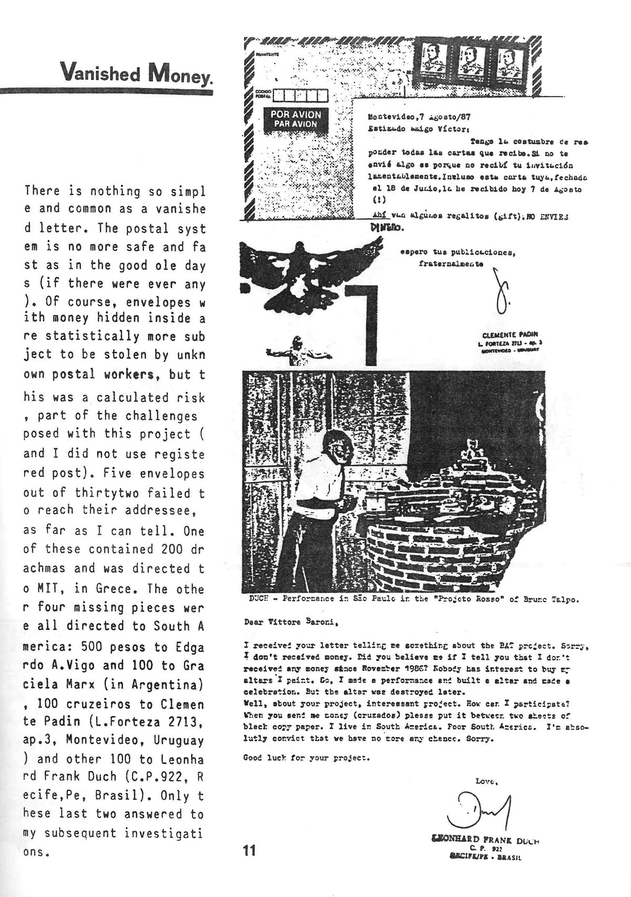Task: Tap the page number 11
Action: tap(249, 849)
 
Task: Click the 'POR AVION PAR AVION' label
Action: tap(296, 119)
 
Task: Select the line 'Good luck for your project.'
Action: tap(307, 758)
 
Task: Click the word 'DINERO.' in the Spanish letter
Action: tap(387, 228)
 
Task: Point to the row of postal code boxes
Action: tap(300, 96)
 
